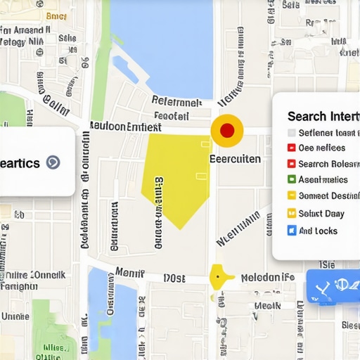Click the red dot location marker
[227, 131]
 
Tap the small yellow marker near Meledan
[219, 277]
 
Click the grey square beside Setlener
[292, 132]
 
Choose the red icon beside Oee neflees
[292, 148]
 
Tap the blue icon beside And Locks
[292, 231]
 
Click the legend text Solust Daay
[321, 214]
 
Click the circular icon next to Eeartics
[52, 162]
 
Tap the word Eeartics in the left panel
[20, 162]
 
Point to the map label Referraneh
[176, 101]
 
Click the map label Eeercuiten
[236, 159]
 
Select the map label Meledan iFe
[267, 278]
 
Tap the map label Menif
[129, 272]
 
